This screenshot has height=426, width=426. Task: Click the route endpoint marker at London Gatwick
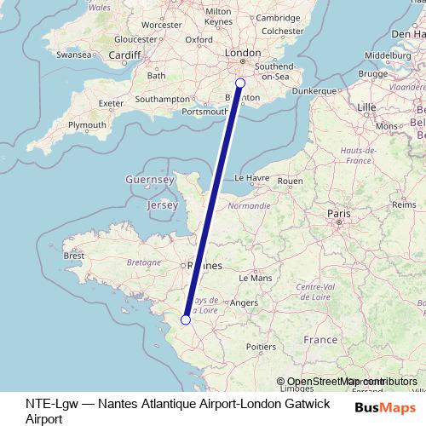coord(239,83)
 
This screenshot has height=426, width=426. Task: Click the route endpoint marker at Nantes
coord(186,319)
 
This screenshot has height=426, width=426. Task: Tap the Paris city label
coord(339,213)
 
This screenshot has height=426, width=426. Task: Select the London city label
coord(242,53)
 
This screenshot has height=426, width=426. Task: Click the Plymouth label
coord(87,124)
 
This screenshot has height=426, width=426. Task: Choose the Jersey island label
coord(162,205)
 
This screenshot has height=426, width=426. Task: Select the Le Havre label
coord(251,178)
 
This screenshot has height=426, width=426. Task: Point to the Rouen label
coord(291,181)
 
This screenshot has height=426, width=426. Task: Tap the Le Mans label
coord(255,278)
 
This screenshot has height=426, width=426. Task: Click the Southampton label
coord(162,99)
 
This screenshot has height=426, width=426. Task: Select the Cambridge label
coord(278,17)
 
